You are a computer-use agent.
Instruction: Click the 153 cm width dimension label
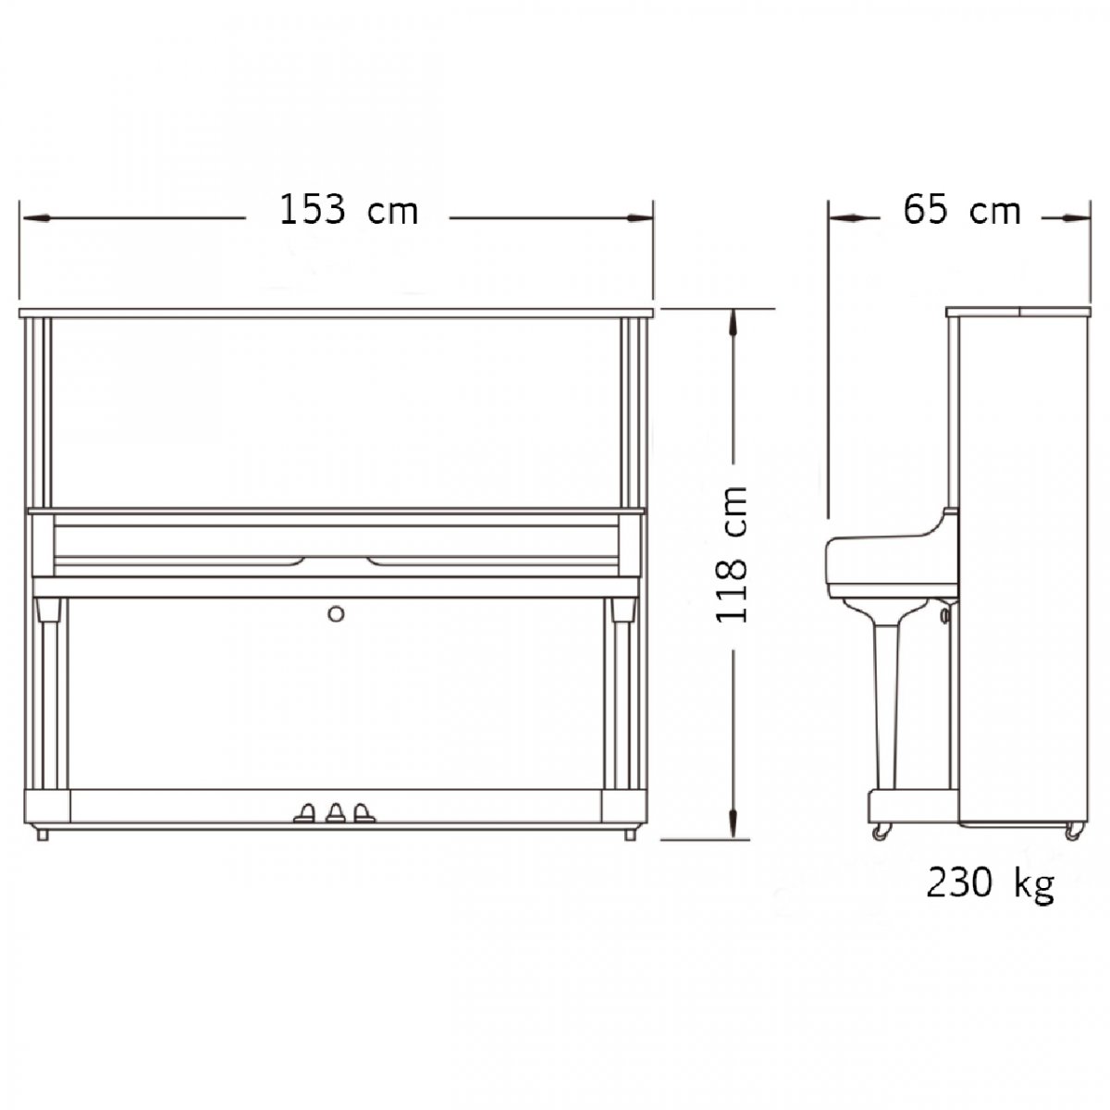click(349, 210)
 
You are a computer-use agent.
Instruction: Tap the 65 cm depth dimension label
click(961, 210)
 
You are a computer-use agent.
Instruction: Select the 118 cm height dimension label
click(732, 555)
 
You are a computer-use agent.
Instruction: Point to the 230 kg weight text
click(990, 885)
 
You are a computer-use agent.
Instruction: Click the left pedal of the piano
click(304, 813)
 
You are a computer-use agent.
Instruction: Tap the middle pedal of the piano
click(335, 813)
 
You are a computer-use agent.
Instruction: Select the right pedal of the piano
click(364, 813)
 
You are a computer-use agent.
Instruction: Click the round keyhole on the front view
click(336, 614)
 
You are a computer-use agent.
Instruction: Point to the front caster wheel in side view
click(881, 832)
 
